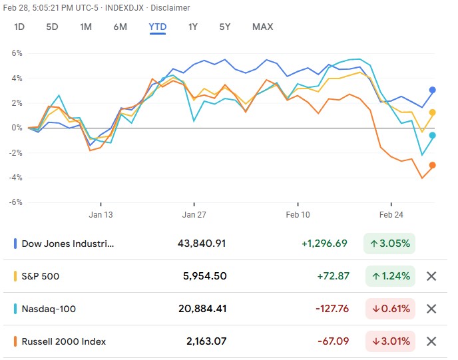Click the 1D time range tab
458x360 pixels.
[19, 27]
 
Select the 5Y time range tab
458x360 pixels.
[225, 27]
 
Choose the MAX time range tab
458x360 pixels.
[262, 27]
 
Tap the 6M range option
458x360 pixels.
[120, 27]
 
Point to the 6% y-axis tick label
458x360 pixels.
[16, 53]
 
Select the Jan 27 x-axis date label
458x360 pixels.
[195, 215]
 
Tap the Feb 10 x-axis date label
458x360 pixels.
[298, 215]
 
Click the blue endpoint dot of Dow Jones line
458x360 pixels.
[433, 90]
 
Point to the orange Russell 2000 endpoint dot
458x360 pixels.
[433, 165]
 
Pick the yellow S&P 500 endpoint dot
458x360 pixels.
[433, 112]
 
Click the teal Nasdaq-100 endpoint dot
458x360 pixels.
[433, 135]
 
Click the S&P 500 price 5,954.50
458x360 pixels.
[204, 275]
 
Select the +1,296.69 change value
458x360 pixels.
[324, 244]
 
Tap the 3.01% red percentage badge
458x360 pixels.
[390, 341]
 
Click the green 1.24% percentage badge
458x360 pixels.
[390, 275]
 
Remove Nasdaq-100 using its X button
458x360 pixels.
[431, 309]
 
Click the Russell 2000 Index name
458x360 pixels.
[64, 341]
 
